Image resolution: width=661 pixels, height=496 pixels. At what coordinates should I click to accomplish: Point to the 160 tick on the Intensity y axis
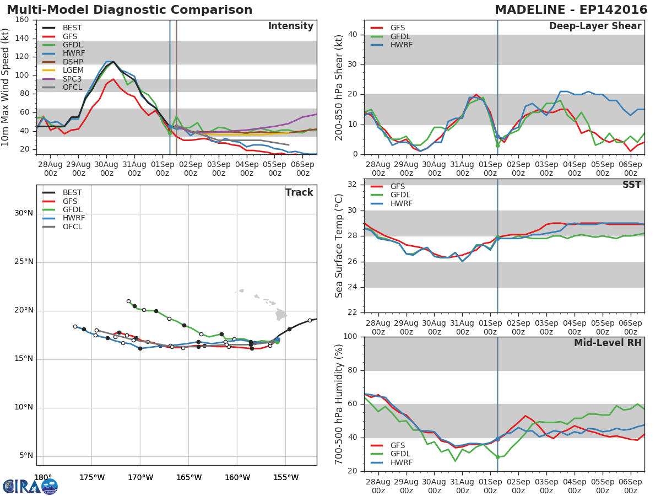click(x=22, y=19)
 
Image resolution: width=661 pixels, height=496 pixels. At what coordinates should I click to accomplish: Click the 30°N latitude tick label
click(x=23, y=213)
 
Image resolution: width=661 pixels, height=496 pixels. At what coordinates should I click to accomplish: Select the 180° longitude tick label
click(x=43, y=477)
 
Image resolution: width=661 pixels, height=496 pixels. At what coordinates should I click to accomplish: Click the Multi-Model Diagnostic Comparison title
click(x=129, y=10)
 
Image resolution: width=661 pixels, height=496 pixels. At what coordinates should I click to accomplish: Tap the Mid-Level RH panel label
click(x=608, y=343)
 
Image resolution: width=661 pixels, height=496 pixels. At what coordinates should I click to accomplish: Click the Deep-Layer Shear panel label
click(x=595, y=26)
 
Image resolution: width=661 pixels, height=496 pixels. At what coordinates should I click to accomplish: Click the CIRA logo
click(x=30, y=486)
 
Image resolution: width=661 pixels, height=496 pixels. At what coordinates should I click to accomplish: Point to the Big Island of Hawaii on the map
click(x=281, y=315)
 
